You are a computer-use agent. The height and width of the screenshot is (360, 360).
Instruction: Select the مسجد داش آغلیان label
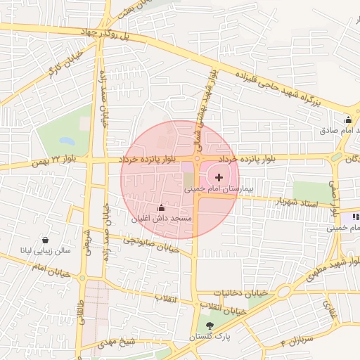[x=161, y=219]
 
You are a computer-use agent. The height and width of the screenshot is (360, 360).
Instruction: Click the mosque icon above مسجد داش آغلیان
[x=161, y=207]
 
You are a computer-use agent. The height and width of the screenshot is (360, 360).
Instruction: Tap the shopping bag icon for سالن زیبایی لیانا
[x=46, y=239]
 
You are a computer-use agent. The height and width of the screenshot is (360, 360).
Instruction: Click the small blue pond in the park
[x=67, y=140]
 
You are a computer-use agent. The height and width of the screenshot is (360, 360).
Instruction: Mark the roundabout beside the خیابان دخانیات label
[x=283, y=291]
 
